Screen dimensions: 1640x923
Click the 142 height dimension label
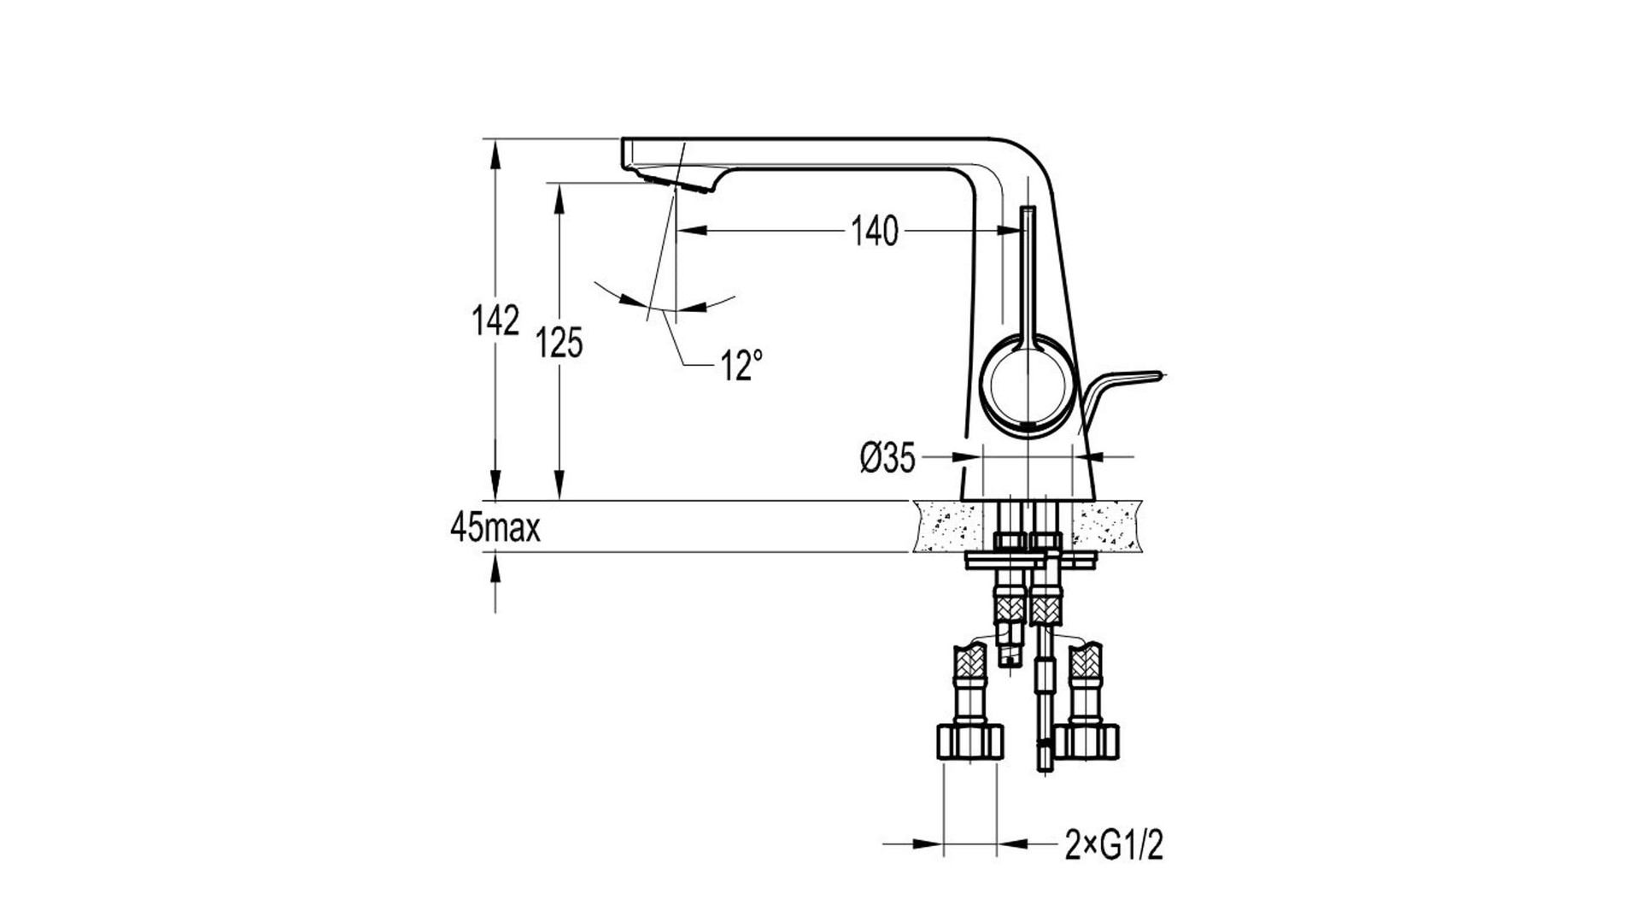[495, 320]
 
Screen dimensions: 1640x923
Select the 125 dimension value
[559, 343]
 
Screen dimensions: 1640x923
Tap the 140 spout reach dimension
[876, 231]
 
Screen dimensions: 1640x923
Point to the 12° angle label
[741, 366]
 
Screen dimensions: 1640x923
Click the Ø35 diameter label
[887, 459]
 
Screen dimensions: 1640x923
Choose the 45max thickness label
[495, 529]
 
